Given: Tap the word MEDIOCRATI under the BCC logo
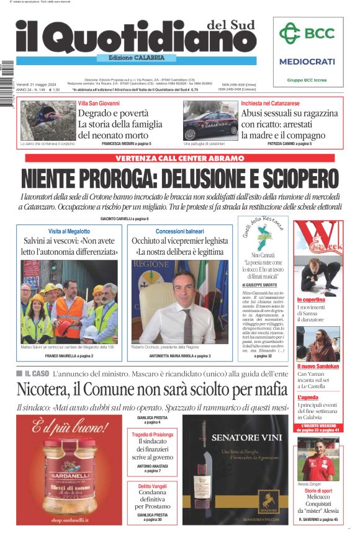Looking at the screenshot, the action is click(x=307, y=61).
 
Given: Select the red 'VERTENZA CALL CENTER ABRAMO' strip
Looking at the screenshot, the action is click(x=180, y=158).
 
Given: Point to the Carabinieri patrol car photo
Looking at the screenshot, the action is click(x=210, y=120).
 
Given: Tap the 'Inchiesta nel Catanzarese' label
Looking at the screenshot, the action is click(x=271, y=103).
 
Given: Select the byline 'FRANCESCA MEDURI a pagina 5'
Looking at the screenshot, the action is click(x=126, y=143).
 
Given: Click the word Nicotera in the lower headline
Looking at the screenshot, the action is click(x=47, y=389).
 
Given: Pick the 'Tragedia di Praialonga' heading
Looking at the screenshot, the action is click(x=152, y=434).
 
